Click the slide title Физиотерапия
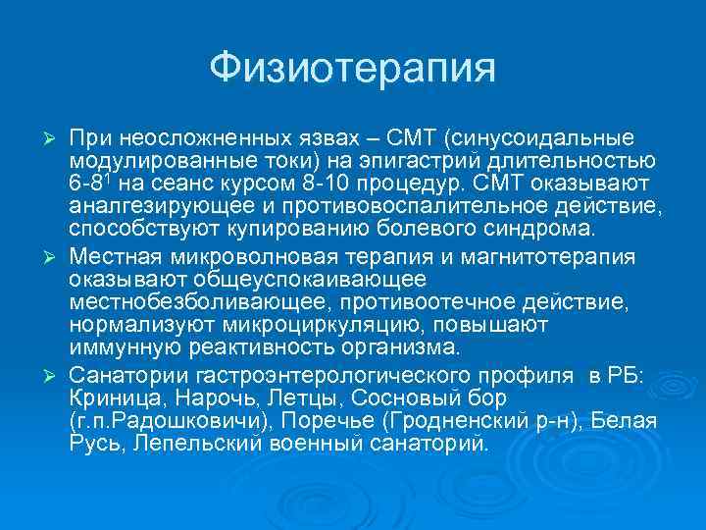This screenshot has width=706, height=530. tap(353, 69)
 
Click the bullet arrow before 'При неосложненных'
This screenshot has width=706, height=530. tap(55, 137)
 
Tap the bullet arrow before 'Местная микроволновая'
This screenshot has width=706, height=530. tap(55, 257)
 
